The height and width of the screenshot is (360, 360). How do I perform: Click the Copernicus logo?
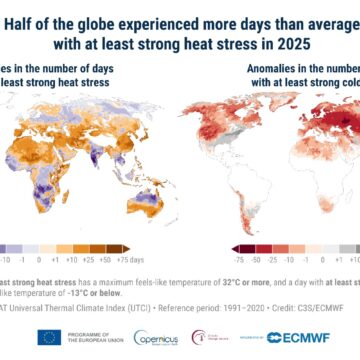(x=155, y=338)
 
